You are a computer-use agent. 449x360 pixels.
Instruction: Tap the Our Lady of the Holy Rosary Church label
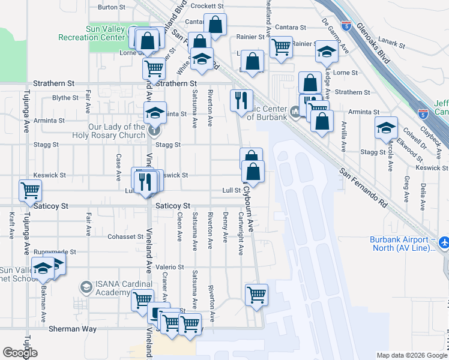(x=116, y=131)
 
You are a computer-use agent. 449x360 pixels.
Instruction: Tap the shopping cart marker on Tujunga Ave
(x=30, y=191)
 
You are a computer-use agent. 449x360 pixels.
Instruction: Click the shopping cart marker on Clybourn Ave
(x=256, y=295)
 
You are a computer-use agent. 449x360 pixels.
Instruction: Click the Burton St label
(x=110, y=7)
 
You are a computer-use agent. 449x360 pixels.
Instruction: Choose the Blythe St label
(x=65, y=98)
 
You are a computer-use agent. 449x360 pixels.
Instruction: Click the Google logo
(x=20, y=353)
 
